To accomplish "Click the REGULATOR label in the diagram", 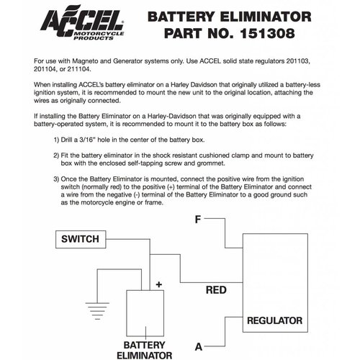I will coord(274,320).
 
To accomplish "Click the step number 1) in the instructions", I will coord(58,139).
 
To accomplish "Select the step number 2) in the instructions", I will coord(58,155).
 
